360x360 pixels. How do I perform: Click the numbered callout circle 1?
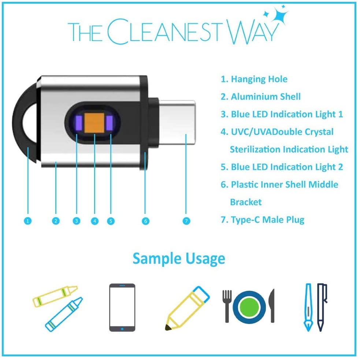click(28, 221)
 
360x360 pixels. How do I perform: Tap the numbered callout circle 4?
click(95, 221)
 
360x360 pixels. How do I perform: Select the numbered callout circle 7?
click(186, 221)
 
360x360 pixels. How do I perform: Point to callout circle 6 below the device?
click(146, 221)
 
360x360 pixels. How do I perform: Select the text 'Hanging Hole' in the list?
click(259, 79)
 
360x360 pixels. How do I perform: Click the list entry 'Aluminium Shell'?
click(266, 97)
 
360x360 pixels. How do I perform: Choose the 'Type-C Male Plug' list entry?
click(267, 220)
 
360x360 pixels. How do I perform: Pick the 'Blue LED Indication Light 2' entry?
click(287, 167)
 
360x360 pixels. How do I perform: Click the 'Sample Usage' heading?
click(179, 259)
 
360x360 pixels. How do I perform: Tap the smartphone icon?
click(122, 307)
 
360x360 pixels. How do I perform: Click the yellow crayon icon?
click(55, 296)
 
